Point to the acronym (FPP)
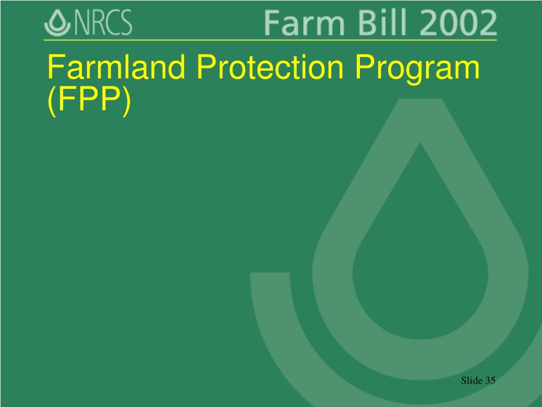88,101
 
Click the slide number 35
490,381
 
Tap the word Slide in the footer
472,381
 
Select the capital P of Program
363,68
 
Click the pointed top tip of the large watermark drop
421,103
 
